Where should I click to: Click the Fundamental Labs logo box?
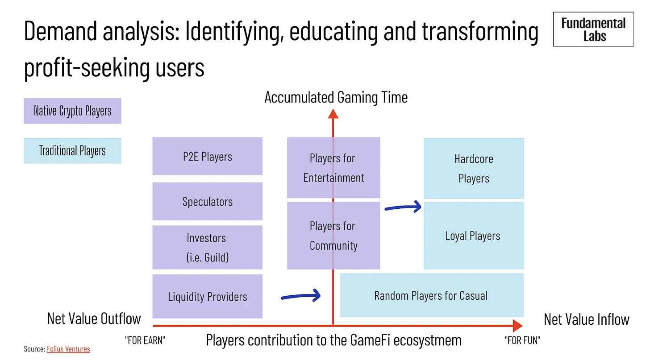coord(593,29)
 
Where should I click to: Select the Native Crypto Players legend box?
coord(72,111)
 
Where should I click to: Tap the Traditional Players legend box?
coord(72,151)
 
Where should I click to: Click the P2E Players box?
coord(208,156)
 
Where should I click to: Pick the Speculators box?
coord(208,201)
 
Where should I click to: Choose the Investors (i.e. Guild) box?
coord(208,247)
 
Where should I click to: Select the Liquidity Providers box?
coord(208,296)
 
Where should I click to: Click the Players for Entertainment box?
coord(333,168)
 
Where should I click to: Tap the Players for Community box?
coord(333,236)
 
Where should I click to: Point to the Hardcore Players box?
coord(474,168)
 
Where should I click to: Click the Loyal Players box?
coord(474,236)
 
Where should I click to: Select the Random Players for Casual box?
coord(432,295)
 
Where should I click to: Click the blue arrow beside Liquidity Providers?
coord(301,296)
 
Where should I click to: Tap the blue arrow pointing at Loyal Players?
coord(403,207)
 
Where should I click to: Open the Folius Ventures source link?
coord(68,349)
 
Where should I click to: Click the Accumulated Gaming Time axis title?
coord(336,97)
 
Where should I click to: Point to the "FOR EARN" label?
coord(145,340)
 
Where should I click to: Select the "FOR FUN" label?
coord(522,340)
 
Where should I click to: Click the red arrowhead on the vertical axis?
coord(333,114)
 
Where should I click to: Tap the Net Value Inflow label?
coord(587,319)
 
